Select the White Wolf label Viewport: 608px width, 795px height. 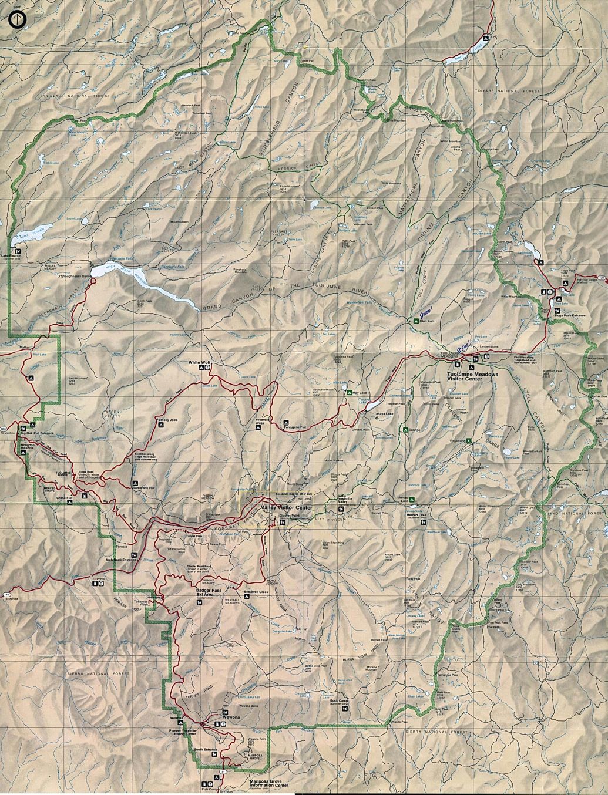pyautogui.click(x=199, y=363)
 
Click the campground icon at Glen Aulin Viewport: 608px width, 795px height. pyautogui.click(x=415, y=321)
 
